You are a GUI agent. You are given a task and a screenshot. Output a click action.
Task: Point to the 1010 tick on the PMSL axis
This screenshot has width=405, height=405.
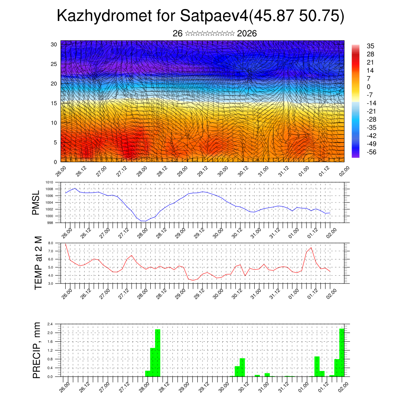tap(49, 182)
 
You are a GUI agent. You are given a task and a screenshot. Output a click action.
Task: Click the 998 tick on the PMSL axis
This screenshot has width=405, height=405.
tap(50, 223)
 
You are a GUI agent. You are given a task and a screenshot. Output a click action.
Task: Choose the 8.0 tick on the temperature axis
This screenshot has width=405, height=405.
tap(51, 243)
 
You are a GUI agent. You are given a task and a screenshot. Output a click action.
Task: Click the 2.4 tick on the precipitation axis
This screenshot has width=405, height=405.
tap(50, 324)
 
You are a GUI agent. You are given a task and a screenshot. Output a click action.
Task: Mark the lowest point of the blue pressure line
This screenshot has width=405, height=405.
tap(144, 221)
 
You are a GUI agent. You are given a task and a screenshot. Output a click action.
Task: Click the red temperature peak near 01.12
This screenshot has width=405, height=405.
tap(311, 248)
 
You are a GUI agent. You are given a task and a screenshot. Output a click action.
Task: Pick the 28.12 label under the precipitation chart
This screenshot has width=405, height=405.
tap(164, 386)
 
